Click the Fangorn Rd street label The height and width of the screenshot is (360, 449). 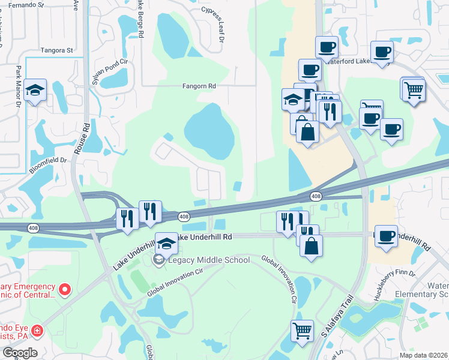(199, 86)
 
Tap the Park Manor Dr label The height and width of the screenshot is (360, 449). (19, 86)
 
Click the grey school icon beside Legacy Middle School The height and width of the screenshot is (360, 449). (158, 259)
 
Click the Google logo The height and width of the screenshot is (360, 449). (20, 353)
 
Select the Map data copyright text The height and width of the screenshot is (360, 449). (423, 355)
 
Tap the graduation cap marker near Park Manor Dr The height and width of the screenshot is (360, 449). (35, 91)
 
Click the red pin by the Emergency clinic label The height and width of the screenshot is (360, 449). (67, 290)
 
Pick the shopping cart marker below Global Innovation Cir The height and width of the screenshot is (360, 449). (302, 329)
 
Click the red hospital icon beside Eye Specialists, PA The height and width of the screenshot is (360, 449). (37, 331)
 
